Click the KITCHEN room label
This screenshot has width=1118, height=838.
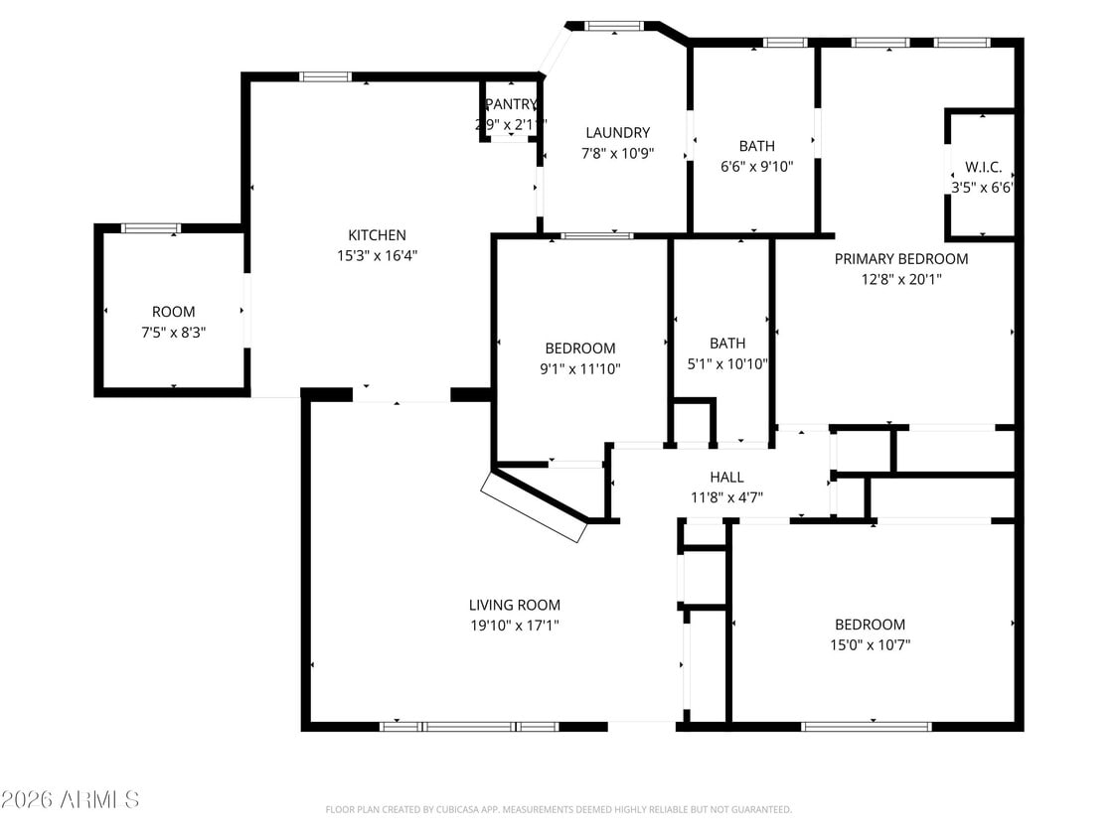pos(377,235)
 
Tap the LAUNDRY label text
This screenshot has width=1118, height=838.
pos(617,133)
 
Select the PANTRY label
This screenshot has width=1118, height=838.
pos(510,104)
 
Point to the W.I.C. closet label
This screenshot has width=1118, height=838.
pos(983,167)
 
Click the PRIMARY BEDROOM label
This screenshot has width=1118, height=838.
pos(900,259)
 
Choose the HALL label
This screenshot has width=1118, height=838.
pos(726,478)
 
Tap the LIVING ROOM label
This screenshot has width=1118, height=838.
pos(514,605)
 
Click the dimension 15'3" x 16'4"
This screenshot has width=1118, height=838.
pos(377,256)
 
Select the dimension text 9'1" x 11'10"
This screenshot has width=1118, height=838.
pos(579,368)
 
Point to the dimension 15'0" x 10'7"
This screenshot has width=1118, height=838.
pos(870,644)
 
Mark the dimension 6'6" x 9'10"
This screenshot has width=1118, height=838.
pos(756,167)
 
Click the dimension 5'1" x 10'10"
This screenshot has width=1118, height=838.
pos(726,363)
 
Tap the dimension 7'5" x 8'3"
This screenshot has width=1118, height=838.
pos(174,332)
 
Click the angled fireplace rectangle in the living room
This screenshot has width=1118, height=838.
pos(534,506)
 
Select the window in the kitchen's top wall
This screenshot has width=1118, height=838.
pos(325,76)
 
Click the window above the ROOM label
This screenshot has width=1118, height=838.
pos(150,228)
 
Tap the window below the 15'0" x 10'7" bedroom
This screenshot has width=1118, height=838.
pos(867,726)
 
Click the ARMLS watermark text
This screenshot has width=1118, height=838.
pos(70,799)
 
